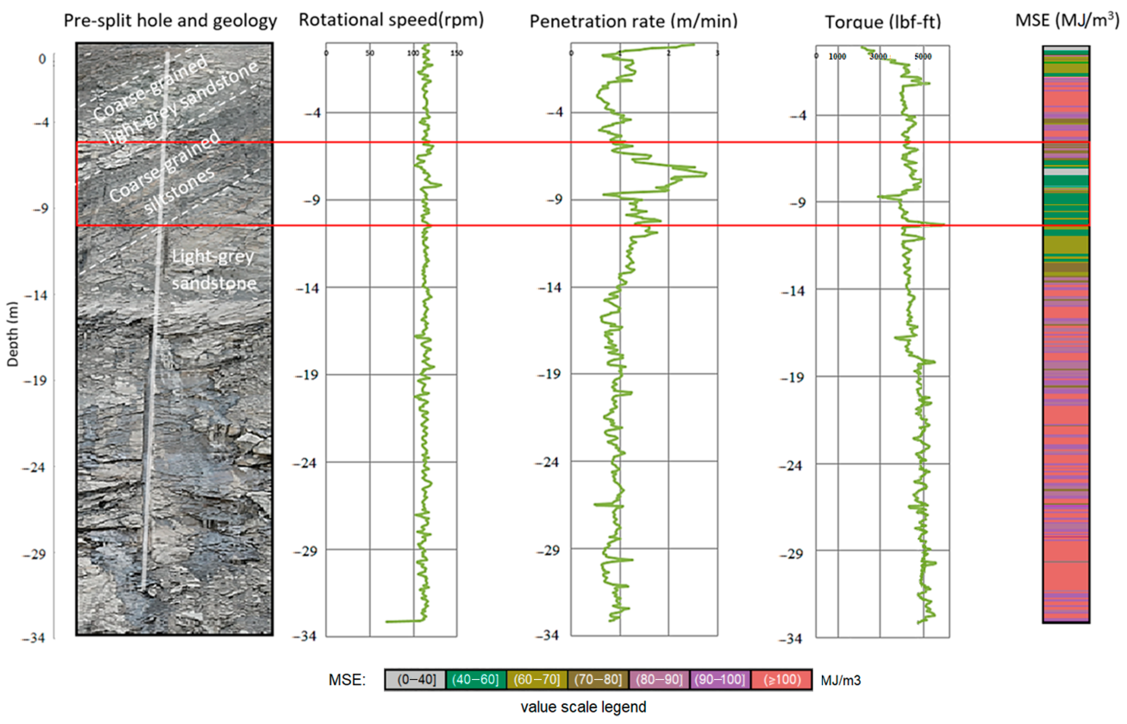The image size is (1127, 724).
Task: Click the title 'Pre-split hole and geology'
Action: tap(170, 21)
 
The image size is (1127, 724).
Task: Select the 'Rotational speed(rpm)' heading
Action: tap(391, 20)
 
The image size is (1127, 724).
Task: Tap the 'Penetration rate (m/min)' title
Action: tap(633, 21)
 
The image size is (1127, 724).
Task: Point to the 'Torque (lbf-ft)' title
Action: tap(883, 22)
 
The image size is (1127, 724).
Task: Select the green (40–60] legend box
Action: tap(475, 680)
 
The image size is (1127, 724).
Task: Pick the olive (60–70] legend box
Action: tap(537, 680)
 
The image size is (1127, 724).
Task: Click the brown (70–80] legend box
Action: tap(597, 680)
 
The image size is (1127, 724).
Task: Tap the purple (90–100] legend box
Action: tap(720, 680)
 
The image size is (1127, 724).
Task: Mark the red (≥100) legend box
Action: tap(782, 680)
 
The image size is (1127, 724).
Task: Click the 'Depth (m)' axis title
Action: tap(13, 334)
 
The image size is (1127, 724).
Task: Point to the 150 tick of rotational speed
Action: tap(456, 53)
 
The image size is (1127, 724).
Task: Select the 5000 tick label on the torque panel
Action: tap(923, 57)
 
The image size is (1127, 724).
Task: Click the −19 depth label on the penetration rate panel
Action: tap(549, 374)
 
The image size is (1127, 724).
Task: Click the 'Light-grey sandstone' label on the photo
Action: tap(214, 270)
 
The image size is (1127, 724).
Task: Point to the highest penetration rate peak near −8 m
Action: tap(706, 174)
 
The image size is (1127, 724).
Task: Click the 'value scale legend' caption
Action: tap(583, 707)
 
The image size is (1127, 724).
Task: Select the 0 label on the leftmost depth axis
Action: tap(42, 59)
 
